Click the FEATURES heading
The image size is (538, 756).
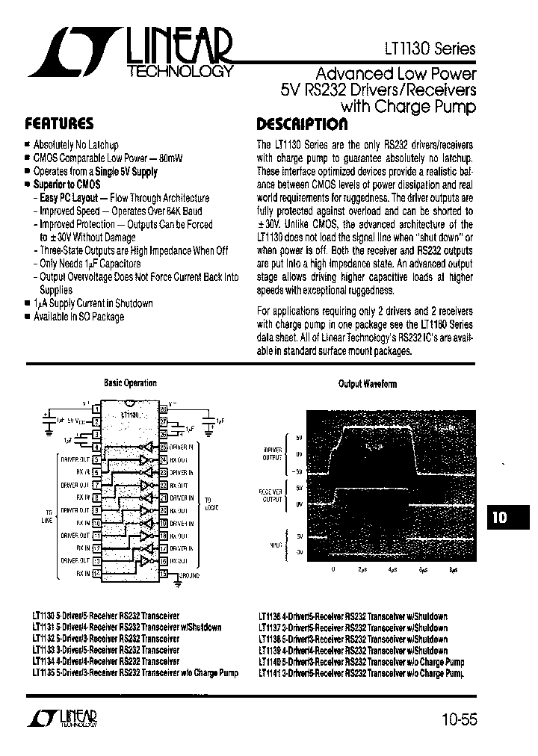click(x=59, y=124)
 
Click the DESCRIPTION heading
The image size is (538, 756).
click(x=302, y=124)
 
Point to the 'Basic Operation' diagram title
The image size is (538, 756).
click(x=130, y=383)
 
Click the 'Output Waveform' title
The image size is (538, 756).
click(x=368, y=384)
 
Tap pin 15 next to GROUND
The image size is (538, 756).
click(x=163, y=574)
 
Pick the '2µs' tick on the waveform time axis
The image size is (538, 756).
click(x=362, y=569)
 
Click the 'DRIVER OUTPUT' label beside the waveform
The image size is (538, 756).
click(x=270, y=453)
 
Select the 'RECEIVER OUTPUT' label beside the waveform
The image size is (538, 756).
click(x=270, y=496)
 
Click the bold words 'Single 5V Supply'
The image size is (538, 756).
click(x=126, y=172)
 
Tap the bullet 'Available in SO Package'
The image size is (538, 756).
click(x=79, y=317)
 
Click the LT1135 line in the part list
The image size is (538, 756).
click(x=136, y=673)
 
